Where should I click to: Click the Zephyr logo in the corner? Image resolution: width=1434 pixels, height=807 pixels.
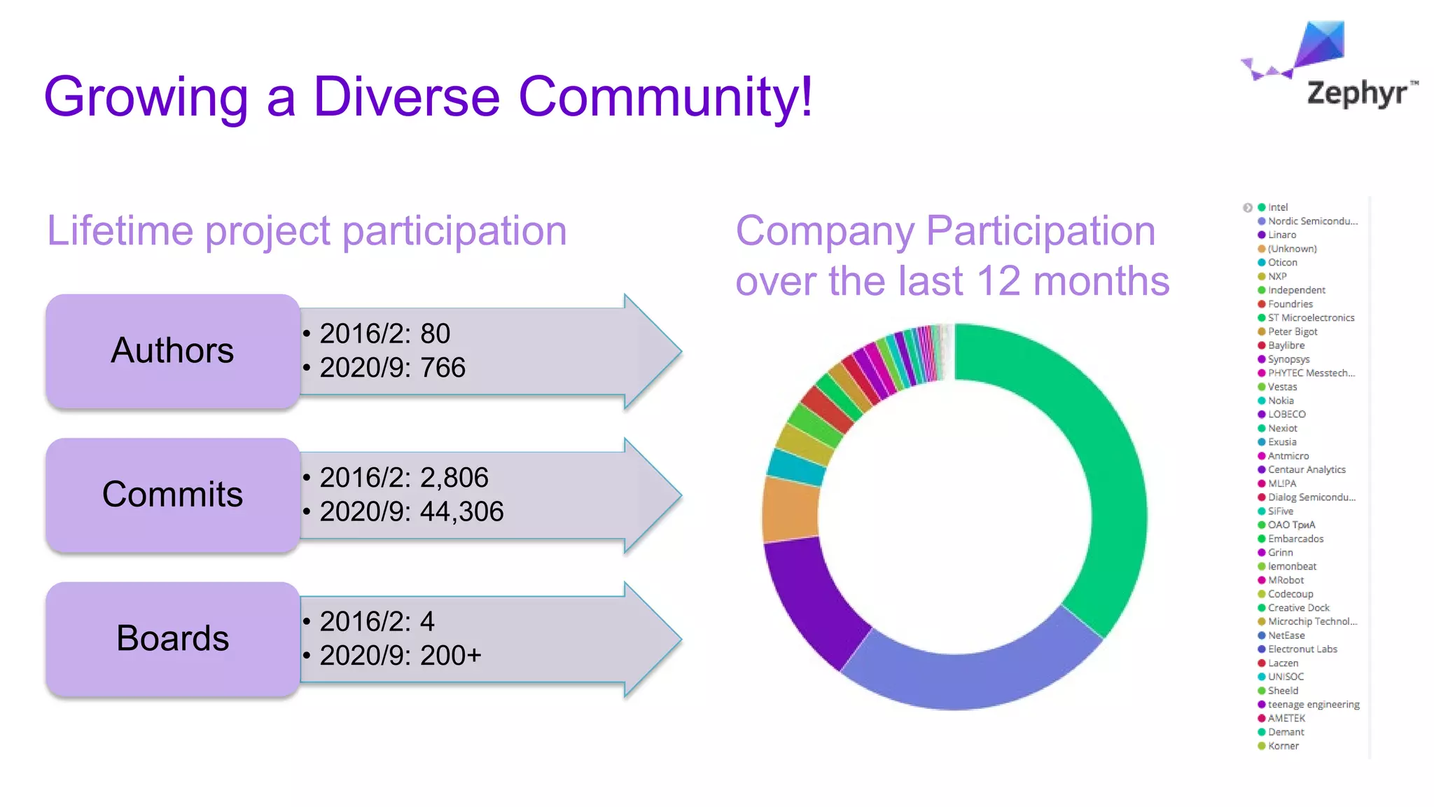coord(1330,67)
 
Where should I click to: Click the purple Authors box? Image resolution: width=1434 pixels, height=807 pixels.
coord(173,351)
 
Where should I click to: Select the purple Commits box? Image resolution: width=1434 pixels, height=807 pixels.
coord(173,495)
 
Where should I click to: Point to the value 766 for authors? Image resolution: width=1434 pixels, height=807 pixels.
coord(443,368)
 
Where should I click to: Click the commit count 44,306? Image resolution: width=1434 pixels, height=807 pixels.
coord(461,512)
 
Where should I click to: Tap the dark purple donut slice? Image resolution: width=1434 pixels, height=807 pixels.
coord(812,602)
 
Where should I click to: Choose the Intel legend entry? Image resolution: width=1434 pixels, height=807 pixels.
coord(1277,207)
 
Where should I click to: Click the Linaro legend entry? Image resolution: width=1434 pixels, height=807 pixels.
coord(1281,235)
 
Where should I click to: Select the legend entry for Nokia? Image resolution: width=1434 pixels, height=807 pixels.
coord(1280,401)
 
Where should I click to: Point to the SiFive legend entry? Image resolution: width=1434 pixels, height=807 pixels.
coord(1280,511)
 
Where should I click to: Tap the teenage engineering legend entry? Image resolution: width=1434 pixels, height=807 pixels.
coord(1313,705)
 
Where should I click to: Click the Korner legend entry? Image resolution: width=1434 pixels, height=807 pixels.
coord(1283,746)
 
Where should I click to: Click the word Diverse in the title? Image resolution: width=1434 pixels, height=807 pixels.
coord(406,97)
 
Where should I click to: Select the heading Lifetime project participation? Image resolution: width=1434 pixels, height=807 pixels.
coord(307,230)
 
